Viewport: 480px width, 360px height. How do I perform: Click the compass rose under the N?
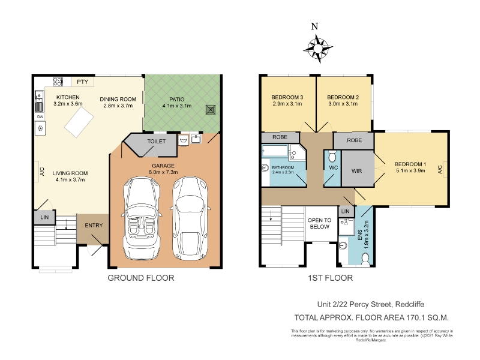click(318, 49)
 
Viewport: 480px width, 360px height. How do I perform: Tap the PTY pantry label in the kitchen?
click(83, 82)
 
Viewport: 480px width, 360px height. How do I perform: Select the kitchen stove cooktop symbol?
click(58, 82)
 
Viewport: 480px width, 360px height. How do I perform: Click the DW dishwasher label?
click(40, 116)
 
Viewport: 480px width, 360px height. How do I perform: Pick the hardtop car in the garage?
click(190, 218)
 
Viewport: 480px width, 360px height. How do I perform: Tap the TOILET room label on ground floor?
click(157, 142)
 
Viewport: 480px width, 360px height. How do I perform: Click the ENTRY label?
click(94, 226)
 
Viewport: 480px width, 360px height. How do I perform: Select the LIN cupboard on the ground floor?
click(44, 217)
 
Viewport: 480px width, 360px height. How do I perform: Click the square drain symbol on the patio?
click(211, 110)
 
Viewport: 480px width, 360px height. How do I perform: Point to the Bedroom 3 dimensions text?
click(287, 104)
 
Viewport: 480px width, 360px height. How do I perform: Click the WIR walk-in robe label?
click(357, 171)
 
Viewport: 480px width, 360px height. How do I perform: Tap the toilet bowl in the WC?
click(332, 156)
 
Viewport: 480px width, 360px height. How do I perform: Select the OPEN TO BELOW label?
click(320, 223)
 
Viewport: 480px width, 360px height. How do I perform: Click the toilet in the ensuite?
click(365, 260)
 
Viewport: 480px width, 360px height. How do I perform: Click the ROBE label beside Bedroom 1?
click(355, 140)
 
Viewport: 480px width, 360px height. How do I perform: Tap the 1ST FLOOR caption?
click(331, 278)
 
